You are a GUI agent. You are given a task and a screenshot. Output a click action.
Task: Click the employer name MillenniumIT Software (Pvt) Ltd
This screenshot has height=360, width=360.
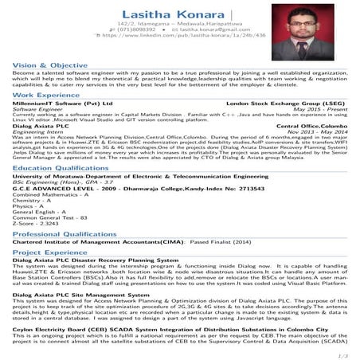point(58,104)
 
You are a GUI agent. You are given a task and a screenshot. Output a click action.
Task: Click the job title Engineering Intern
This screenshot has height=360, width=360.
point(37,130)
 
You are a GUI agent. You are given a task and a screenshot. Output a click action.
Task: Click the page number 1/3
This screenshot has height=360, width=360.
point(340,354)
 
